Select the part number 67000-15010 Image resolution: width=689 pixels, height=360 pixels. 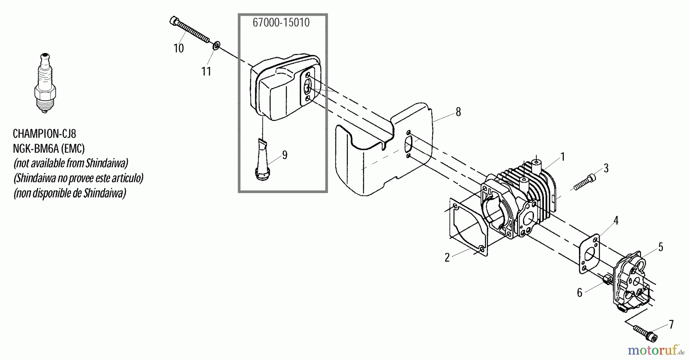tap(281, 23)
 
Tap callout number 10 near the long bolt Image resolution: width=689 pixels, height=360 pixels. tap(178, 48)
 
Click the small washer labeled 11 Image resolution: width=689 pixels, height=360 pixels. tap(216, 46)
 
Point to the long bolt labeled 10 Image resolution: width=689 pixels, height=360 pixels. tap(189, 28)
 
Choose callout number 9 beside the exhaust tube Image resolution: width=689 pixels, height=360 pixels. tap(284, 155)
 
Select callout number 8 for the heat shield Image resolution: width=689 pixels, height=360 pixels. tap(458, 112)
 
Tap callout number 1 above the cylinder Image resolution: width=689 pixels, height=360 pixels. tap(562, 157)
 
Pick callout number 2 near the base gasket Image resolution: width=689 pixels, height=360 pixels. tap(447, 257)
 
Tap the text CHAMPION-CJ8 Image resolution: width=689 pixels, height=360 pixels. tap(44, 134)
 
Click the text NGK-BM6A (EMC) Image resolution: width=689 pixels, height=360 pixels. tap(49, 149)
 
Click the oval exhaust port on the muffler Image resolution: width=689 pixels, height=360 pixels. tap(307, 88)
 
